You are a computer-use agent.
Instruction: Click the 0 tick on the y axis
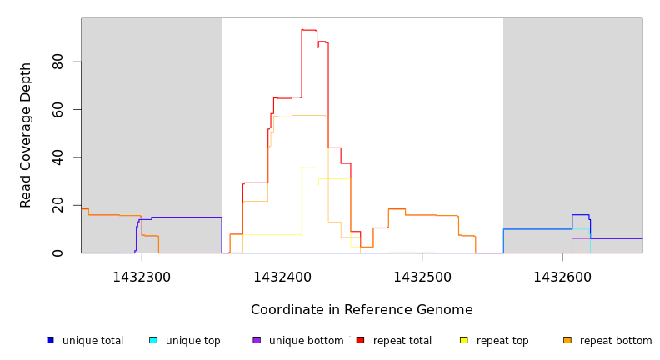click(57, 252)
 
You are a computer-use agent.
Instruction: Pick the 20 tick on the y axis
click(57, 205)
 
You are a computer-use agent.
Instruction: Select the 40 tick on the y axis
click(57, 157)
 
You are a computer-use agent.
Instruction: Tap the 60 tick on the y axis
click(57, 110)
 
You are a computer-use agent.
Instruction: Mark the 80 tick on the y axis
click(57, 62)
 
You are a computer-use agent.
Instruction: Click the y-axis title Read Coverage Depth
click(26, 135)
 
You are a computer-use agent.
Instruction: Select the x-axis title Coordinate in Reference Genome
click(362, 310)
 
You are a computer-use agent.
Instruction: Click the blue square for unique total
click(51, 340)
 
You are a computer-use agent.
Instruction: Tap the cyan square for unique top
click(153, 340)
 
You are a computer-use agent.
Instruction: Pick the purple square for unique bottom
click(257, 340)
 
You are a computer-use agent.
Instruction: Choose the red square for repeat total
click(361, 340)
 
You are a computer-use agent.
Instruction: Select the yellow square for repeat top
click(464, 340)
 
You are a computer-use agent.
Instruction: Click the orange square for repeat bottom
click(567, 340)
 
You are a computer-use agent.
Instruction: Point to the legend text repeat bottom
click(616, 341)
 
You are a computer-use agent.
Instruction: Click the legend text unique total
click(92, 341)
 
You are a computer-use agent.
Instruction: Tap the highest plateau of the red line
click(309, 30)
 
